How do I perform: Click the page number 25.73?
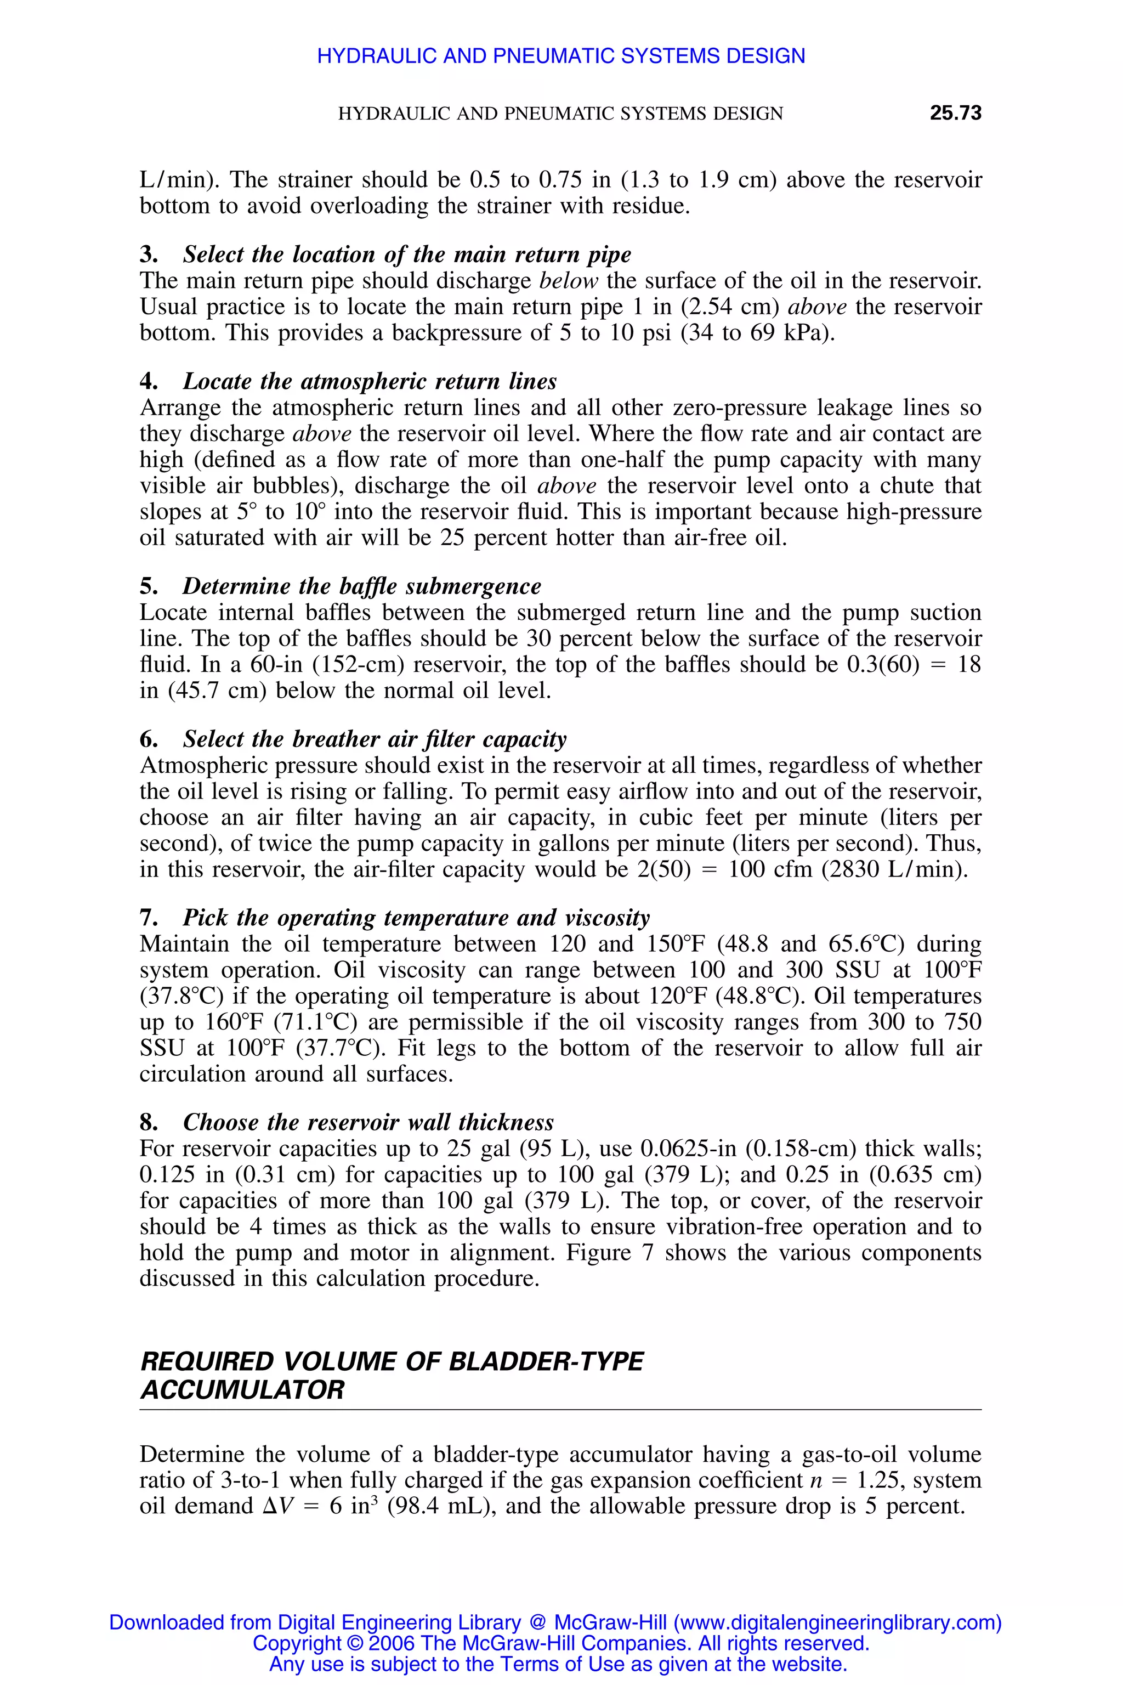point(955,113)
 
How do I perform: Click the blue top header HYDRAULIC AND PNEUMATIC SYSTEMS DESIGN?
point(561,56)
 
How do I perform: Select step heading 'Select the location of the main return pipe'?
point(407,255)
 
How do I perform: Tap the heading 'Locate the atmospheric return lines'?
point(370,381)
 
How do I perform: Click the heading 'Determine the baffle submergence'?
point(362,586)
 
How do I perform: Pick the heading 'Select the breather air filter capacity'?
point(375,739)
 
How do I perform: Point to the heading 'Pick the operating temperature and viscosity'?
point(416,918)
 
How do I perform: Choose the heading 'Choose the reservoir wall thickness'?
point(368,1122)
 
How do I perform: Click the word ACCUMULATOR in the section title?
point(242,1390)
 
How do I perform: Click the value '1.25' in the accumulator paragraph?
point(877,1479)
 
